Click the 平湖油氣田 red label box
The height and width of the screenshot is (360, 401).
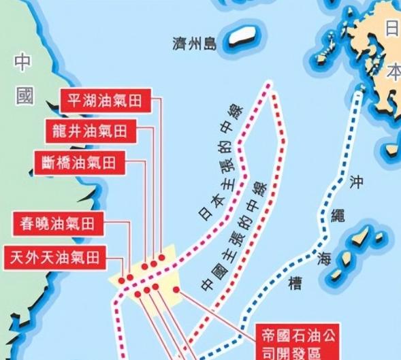click(105, 101)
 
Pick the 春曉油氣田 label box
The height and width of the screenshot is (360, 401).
click(58, 223)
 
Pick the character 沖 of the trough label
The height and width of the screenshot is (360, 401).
click(355, 182)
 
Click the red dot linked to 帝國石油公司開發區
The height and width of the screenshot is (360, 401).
click(177, 291)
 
